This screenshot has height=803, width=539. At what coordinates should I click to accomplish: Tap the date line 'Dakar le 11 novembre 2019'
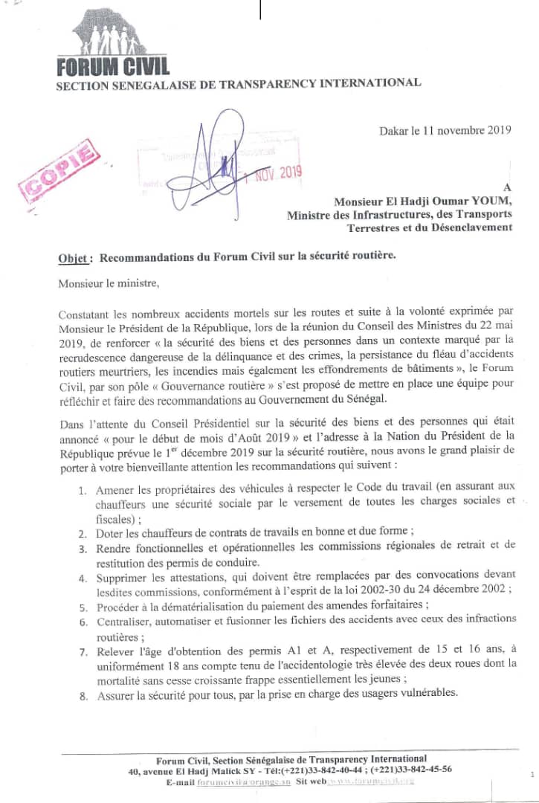coord(445,130)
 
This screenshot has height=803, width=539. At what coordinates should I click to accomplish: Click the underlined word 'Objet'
coord(74,259)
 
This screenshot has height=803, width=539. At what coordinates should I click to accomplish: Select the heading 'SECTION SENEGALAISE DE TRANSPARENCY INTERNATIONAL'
coord(239,83)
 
